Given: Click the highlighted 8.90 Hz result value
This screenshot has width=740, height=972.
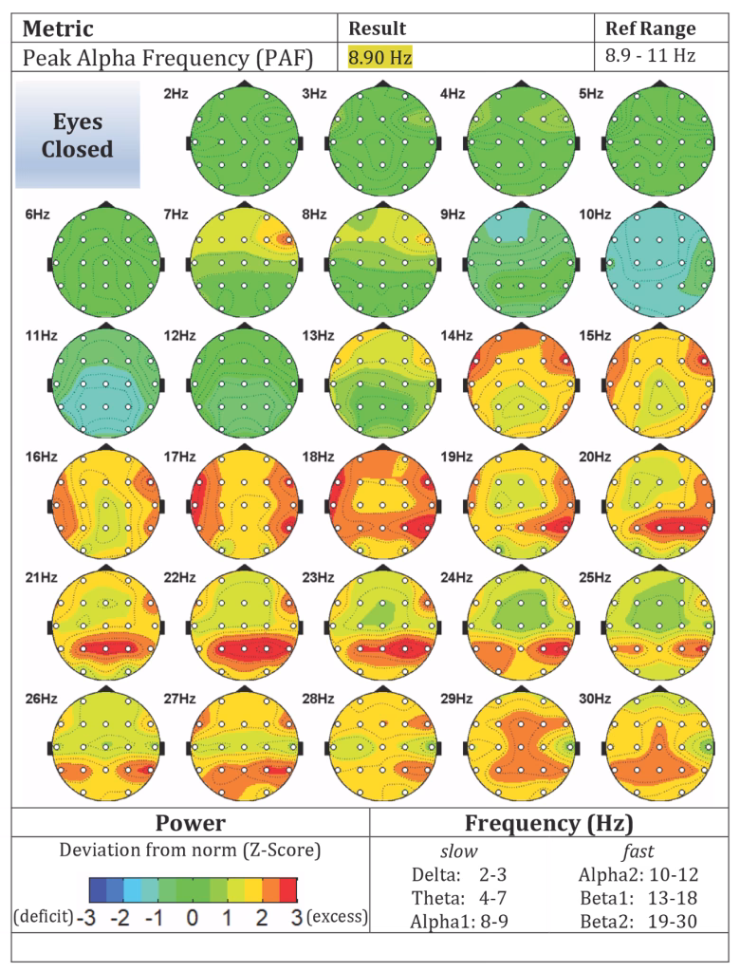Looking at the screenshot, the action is click(379, 58).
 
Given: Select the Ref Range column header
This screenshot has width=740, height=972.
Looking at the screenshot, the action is click(650, 28).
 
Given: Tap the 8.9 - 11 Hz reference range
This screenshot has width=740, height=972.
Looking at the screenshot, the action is click(650, 56).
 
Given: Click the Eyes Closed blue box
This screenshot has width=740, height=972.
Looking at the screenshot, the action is click(78, 135).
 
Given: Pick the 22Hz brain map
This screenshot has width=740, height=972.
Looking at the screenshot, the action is click(245, 626).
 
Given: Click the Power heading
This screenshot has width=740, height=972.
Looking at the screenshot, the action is click(191, 823).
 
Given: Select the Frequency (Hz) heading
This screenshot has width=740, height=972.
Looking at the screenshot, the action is click(549, 823).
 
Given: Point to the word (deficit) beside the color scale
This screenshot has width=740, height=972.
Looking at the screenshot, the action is click(44, 916).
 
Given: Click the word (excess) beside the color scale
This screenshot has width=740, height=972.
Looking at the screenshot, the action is click(337, 916).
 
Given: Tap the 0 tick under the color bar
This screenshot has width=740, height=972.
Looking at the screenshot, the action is click(193, 917).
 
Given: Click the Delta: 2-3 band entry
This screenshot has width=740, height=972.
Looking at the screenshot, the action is click(459, 874).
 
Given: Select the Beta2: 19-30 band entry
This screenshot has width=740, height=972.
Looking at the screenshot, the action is click(639, 922).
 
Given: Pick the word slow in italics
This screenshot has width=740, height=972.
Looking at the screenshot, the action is click(459, 851).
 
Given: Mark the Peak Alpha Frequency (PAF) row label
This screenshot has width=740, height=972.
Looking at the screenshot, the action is click(167, 58).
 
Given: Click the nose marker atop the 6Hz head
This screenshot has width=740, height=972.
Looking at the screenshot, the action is click(106, 204).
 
